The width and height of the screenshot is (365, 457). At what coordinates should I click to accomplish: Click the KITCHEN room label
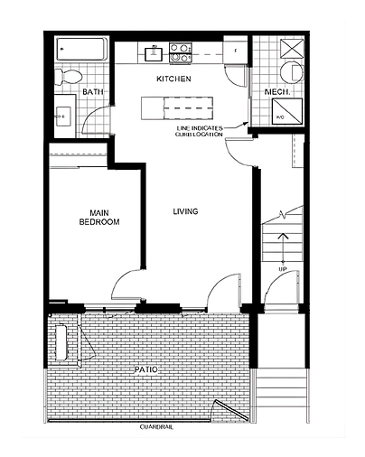click(173, 79)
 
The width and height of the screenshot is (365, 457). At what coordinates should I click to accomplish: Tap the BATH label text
click(92, 92)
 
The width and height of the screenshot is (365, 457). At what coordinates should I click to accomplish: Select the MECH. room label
click(276, 92)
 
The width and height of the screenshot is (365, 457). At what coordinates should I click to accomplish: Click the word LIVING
click(186, 211)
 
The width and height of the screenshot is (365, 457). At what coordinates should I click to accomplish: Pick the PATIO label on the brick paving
click(144, 368)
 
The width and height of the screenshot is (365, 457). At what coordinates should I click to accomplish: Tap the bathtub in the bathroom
click(80, 48)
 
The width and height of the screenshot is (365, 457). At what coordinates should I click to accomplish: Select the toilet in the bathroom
click(68, 75)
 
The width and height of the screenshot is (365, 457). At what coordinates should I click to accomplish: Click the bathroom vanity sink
click(64, 116)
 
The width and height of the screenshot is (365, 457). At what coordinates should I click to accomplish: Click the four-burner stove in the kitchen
click(180, 51)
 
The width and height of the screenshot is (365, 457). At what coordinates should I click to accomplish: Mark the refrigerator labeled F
click(234, 51)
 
